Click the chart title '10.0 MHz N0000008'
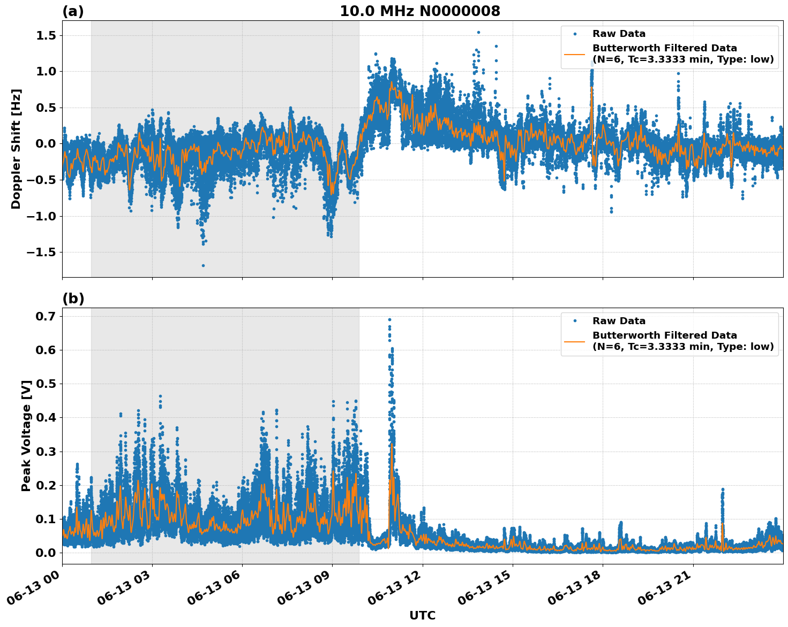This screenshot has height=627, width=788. coord(419,11)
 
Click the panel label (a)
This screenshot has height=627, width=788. coord(73,11)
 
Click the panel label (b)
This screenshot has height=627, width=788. coord(73,299)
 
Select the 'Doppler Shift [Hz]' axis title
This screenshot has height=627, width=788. coord(16,149)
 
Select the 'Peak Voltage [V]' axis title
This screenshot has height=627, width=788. coord(26,435)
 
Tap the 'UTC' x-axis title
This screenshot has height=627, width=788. coord(422,615)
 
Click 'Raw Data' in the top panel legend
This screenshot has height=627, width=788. coord(619,34)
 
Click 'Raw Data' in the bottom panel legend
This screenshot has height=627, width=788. coord(619,321)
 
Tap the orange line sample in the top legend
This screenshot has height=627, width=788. coord(575,54)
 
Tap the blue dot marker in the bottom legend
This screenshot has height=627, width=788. coord(575,321)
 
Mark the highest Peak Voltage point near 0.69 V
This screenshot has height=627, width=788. coord(389,319)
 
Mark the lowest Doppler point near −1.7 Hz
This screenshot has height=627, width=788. coord(203,265)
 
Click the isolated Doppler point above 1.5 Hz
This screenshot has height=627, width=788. coord(478,32)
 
